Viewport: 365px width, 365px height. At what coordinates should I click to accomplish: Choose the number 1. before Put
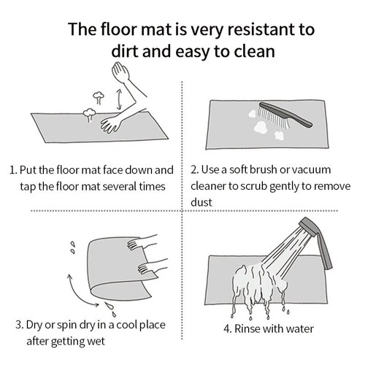tap(12, 169)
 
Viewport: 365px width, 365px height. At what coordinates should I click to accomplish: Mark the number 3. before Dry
tap(18, 324)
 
